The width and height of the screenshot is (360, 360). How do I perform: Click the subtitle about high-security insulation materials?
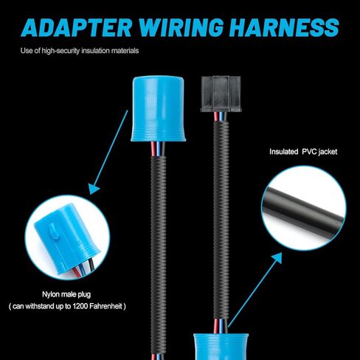[80, 51]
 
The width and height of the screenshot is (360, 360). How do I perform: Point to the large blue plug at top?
[158, 108]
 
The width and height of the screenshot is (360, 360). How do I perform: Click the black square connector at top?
[221, 94]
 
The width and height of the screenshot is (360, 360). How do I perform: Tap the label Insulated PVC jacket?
[303, 152]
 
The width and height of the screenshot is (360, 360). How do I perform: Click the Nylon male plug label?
[66, 294]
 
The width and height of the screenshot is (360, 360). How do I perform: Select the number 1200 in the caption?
[80, 306]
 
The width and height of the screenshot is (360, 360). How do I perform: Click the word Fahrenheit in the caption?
[105, 306]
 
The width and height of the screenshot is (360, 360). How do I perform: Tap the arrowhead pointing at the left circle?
[94, 189]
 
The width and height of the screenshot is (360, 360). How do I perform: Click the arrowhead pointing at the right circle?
[276, 258]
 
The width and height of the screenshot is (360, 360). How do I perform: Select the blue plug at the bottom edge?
[221, 347]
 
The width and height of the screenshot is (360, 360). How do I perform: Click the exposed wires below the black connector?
[221, 116]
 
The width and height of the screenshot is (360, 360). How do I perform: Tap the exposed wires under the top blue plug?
[158, 150]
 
